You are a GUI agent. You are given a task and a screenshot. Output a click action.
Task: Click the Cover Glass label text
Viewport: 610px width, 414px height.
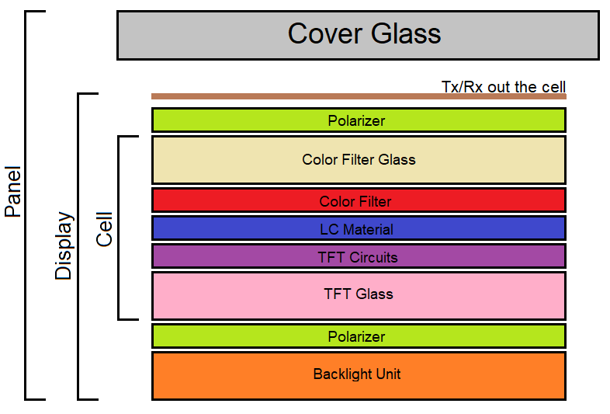coord(364,34)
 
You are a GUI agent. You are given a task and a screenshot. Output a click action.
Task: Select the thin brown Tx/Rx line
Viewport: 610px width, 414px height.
coord(359,96)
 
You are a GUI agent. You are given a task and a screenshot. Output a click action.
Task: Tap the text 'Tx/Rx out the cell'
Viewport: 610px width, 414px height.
coord(504,86)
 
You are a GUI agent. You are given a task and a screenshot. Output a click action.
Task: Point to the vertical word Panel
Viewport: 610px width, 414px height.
coord(13,191)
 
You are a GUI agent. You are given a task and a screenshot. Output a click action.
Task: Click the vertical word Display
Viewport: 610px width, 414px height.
coord(64,246)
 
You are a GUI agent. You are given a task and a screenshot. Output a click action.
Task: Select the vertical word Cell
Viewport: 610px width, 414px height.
coord(104,230)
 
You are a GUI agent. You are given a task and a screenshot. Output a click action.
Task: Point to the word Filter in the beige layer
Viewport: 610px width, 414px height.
coord(356,160)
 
